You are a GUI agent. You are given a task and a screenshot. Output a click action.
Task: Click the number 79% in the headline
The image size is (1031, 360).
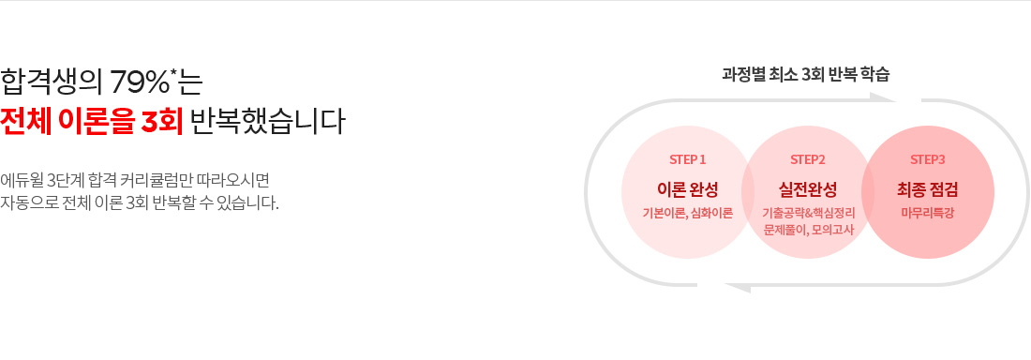pyautogui.click(x=140, y=82)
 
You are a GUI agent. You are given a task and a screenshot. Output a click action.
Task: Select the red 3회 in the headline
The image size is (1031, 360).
pyautogui.click(x=158, y=122)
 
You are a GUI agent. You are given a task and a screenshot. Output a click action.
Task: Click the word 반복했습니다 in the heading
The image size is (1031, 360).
pyautogui.click(x=267, y=122)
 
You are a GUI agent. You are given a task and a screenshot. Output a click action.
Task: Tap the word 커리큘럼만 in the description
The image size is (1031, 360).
pyautogui.click(x=182, y=179)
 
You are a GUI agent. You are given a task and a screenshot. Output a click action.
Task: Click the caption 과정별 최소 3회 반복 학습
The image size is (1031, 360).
pyautogui.click(x=806, y=73)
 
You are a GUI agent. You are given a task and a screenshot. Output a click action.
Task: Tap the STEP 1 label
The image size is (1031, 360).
pyautogui.click(x=688, y=158)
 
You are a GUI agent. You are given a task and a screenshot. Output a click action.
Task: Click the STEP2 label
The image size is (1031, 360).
pyautogui.click(x=808, y=158)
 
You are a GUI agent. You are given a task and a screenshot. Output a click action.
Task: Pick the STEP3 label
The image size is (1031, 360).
pyautogui.click(x=928, y=158)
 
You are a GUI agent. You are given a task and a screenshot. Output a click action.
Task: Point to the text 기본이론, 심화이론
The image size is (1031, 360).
pyautogui.click(x=688, y=213)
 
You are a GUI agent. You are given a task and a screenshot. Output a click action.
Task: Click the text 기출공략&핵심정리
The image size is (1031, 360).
pyautogui.click(x=808, y=213)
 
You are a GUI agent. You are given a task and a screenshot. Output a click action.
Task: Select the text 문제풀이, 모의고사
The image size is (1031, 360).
pyautogui.click(x=808, y=229)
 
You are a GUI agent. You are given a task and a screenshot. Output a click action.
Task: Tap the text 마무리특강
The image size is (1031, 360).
pyautogui.click(x=928, y=213)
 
